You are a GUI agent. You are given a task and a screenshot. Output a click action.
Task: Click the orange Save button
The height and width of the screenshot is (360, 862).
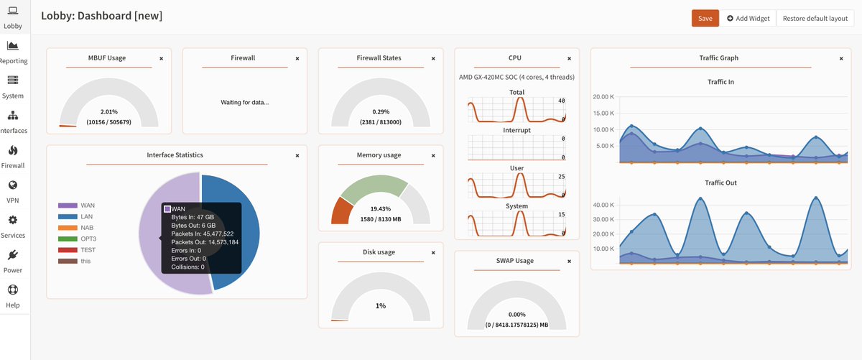(705, 18)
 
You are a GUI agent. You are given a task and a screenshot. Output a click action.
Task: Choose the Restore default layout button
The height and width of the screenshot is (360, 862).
(815, 18)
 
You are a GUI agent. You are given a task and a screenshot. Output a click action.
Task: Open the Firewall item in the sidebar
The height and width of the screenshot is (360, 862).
(13, 156)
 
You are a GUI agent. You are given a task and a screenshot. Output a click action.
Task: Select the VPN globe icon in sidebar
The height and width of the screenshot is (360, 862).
(13, 185)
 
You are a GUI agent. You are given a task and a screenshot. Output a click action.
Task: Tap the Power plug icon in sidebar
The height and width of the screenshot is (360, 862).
(13, 255)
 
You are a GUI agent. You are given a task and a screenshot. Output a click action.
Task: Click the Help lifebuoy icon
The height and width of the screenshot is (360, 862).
(13, 290)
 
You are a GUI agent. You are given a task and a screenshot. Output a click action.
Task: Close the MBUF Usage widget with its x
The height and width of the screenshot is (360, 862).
(161, 58)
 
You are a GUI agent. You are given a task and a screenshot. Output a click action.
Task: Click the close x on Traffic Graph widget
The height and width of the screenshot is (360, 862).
(841, 58)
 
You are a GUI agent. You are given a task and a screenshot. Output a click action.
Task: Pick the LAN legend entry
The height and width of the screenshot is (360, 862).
(86, 216)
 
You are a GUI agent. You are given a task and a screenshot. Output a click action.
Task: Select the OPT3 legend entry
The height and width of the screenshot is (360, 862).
(88, 239)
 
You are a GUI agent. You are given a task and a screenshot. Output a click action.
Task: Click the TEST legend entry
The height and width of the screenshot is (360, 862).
(88, 250)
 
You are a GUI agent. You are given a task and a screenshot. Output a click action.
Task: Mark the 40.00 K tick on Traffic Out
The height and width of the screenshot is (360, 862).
(603, 205)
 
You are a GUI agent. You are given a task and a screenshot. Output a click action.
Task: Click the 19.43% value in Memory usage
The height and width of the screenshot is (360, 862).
(380, 208)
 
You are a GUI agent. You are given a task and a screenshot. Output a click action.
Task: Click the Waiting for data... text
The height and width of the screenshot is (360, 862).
(244, 102)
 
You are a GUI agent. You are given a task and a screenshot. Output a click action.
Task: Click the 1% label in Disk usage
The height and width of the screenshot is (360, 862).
(381, 306)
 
